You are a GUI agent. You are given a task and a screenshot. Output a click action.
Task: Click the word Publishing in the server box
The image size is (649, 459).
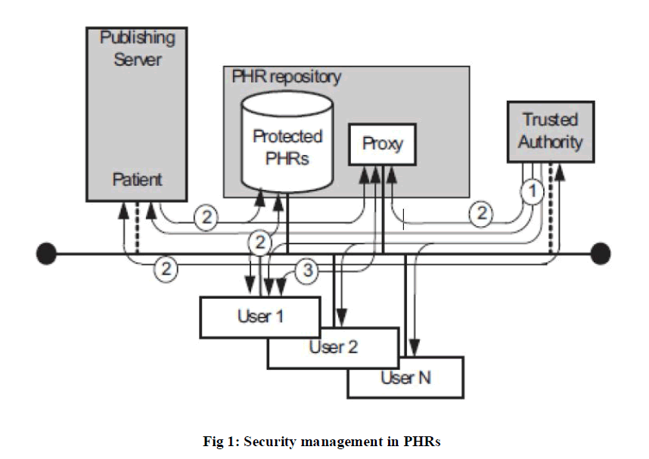pos(138,37)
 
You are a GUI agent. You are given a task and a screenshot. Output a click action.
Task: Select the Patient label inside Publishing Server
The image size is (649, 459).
pos(137,180)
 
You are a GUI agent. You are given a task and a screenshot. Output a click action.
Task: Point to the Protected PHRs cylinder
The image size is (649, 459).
pos(287,147)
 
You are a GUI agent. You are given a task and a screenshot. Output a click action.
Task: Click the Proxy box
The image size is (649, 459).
pos(382,143)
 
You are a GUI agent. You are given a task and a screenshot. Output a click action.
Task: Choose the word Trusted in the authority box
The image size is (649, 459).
pos(550,119)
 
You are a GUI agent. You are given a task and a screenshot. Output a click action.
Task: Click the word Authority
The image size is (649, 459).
pos(550,141)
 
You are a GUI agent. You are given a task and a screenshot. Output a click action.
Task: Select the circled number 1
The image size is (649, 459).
pos(533,191)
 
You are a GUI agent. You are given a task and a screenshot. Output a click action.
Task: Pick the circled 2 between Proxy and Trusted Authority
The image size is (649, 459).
pos(481,215)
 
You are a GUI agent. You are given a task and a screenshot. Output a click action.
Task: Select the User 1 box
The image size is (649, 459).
pos(260,316)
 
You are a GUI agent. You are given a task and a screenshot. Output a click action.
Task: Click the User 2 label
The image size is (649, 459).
pos(333,348)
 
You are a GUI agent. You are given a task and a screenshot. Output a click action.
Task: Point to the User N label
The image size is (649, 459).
pos(405,377)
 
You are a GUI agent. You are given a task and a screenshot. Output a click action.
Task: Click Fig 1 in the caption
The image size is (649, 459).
pos(222,440)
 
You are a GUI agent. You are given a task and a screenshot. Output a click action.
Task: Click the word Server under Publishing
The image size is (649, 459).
pos(138,58)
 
